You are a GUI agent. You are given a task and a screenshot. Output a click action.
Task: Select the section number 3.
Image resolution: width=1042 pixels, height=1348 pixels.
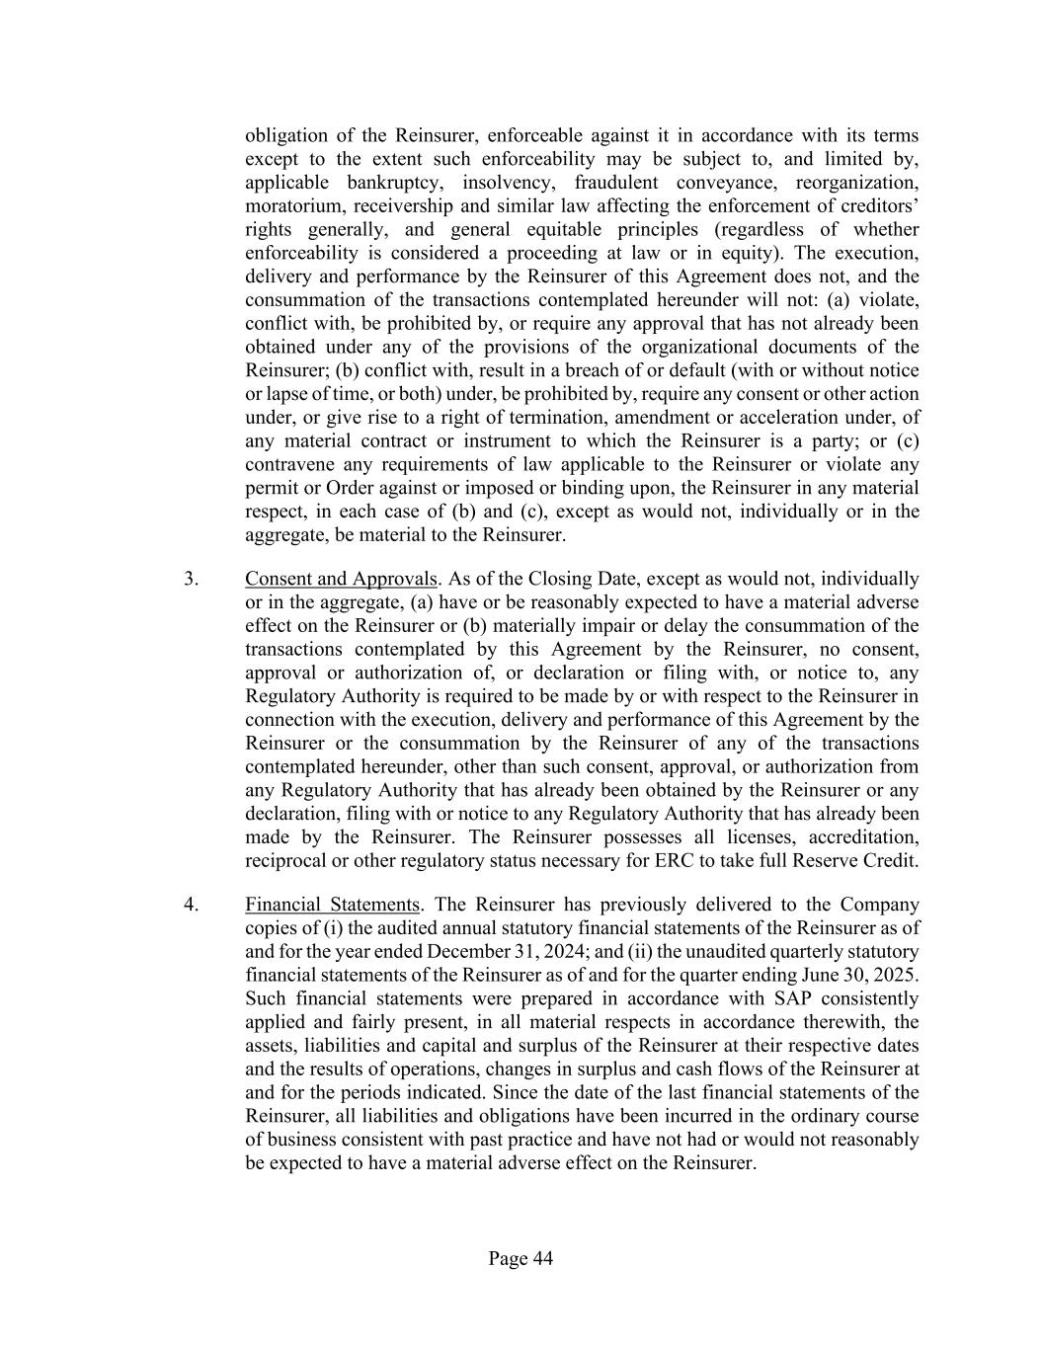(192, 579)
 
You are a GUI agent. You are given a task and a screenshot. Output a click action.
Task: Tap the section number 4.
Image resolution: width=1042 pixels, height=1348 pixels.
(192, 905)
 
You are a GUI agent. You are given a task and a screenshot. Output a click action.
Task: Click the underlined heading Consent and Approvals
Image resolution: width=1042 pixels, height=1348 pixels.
(340, 579)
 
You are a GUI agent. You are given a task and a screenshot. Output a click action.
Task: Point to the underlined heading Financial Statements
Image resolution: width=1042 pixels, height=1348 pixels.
(333, 905)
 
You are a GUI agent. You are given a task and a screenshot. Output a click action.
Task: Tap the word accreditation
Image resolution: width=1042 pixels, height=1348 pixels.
(863, 837)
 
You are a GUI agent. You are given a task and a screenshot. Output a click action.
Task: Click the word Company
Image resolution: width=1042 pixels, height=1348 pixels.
(879, 905)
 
